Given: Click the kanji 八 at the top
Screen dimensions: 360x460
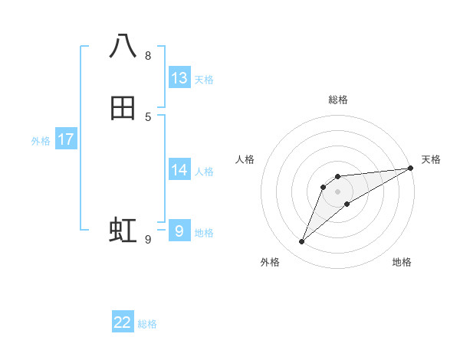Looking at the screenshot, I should (x=123, y=46).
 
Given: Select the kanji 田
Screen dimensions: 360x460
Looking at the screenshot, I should (x=123, y=108).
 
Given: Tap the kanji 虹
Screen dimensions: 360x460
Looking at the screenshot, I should (x=123, y=231).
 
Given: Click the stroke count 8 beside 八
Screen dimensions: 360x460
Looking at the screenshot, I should (x=148, y=56).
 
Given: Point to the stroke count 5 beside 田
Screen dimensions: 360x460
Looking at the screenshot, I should (x=148, y=117).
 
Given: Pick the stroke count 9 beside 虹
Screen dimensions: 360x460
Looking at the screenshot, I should (x=148, y=240).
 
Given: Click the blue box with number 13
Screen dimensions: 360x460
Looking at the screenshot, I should (x=179, y=77).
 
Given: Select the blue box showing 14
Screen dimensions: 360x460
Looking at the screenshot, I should (x=179, y=169).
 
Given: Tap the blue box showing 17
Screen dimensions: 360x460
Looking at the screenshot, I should (x=66, y=139).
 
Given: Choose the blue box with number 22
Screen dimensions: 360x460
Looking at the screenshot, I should (x=123, y=322).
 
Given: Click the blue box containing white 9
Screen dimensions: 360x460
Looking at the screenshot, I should (x=179, y=231).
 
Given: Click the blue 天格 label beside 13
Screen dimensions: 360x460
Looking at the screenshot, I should (x=204, y=80).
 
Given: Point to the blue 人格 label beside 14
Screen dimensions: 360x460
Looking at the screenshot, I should (x=204, y=172).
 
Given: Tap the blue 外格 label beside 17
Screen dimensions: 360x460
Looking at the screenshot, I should (x=41, y=141).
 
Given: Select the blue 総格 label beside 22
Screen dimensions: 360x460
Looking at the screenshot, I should (x=147, y=324).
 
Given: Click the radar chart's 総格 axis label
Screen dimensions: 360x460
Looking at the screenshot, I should (x=338, y=100).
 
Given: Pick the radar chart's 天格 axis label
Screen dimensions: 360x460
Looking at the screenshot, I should (x=431, y=159).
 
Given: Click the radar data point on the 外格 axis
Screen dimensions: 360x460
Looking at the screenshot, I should (x=301, y=242).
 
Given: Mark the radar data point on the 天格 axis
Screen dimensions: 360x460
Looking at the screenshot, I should (x=411, y=168).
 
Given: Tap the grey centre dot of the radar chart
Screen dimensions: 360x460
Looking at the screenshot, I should (x=338, y=191).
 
